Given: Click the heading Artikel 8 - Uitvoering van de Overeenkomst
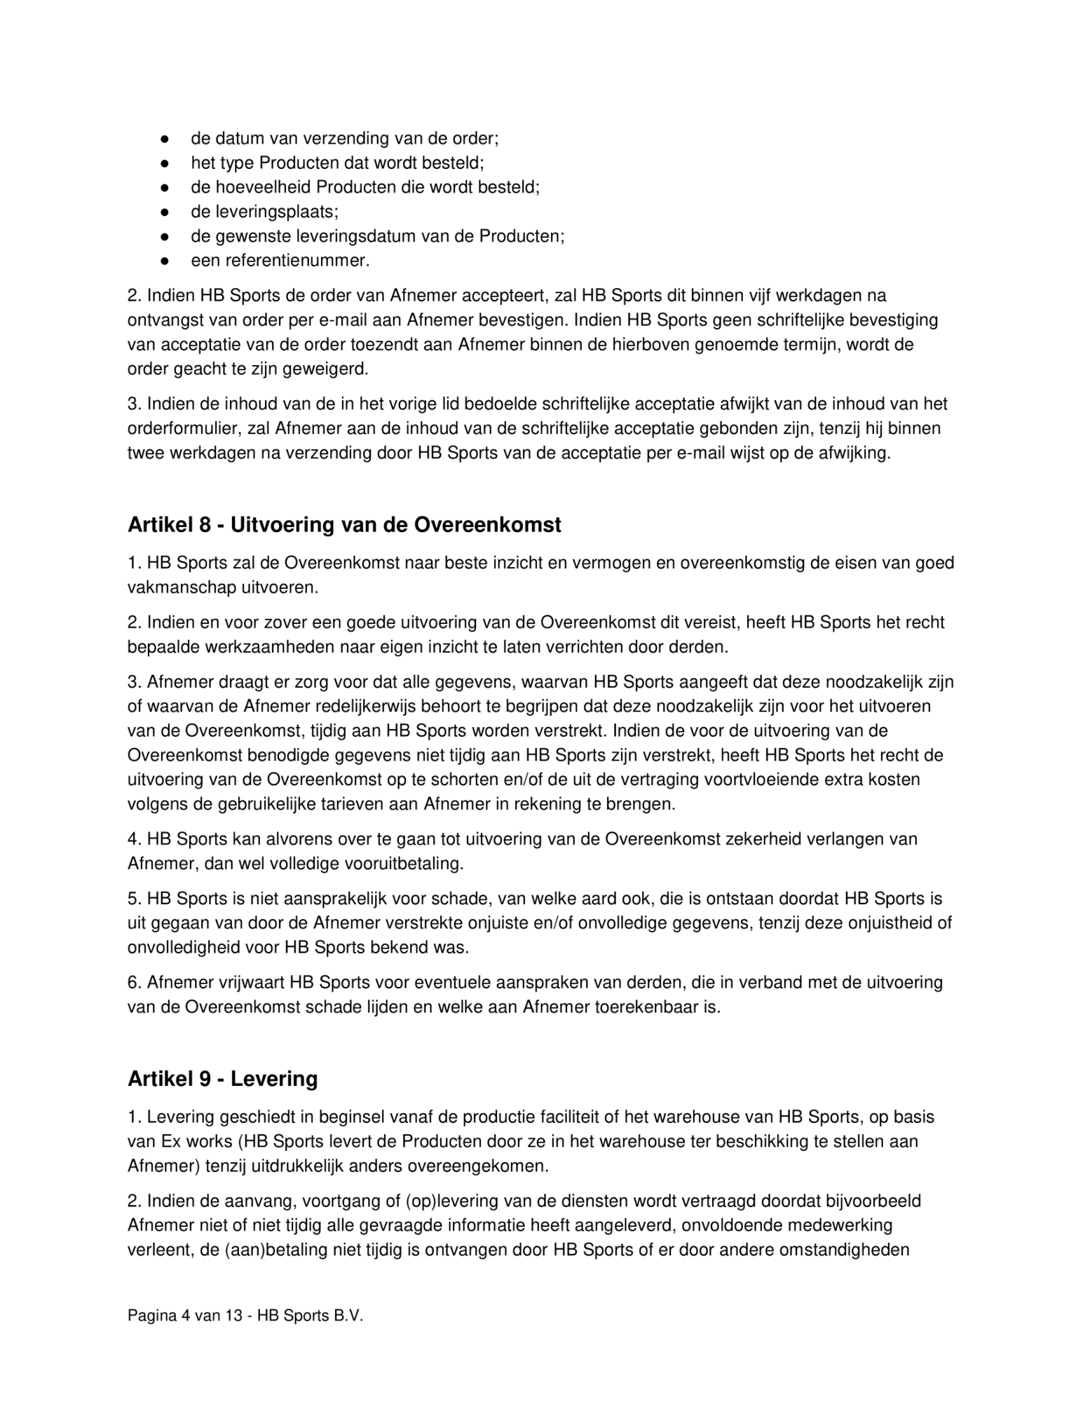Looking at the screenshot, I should [344, 525].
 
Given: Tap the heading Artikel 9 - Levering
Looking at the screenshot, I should [222, 1078].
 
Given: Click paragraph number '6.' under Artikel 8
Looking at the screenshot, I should [135, 982].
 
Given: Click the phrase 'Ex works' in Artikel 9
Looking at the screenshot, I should [196, 1141].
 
